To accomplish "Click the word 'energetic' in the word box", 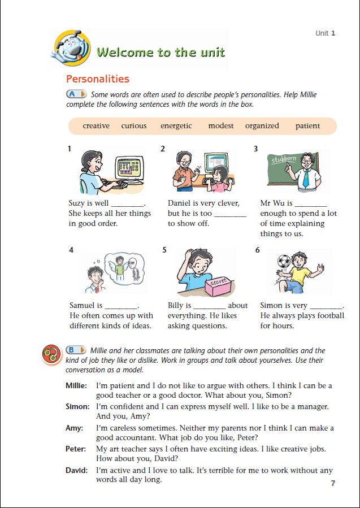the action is (176, 126).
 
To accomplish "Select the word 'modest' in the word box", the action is (220, 125).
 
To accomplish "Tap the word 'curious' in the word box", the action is (134, 125).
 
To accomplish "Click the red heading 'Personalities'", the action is (98, 79).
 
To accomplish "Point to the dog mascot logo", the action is (71, 48).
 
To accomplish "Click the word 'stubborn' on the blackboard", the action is (284, 160).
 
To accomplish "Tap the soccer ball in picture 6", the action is (284, 261).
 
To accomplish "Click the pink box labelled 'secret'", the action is (219, 286).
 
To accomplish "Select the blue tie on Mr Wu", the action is (306, 179).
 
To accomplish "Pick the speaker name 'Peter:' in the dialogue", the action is (76, 449).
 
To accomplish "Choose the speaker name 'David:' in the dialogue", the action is (76, 470).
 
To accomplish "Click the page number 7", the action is (333, 483).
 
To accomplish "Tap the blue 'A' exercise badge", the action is (76, 94).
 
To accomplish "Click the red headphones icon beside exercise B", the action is (52, 354).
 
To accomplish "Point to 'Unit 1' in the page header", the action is (326, 33).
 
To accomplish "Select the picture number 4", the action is (71, 250).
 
